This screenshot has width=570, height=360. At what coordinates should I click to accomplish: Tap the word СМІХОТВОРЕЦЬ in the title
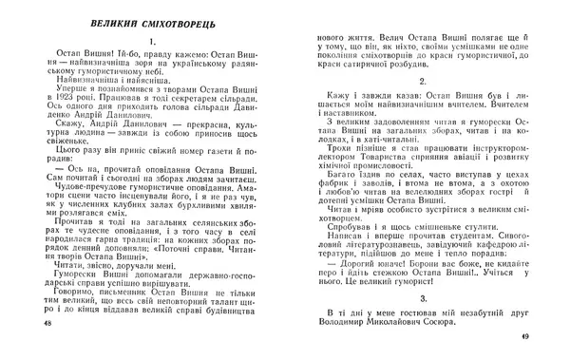tap(172, 21)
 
